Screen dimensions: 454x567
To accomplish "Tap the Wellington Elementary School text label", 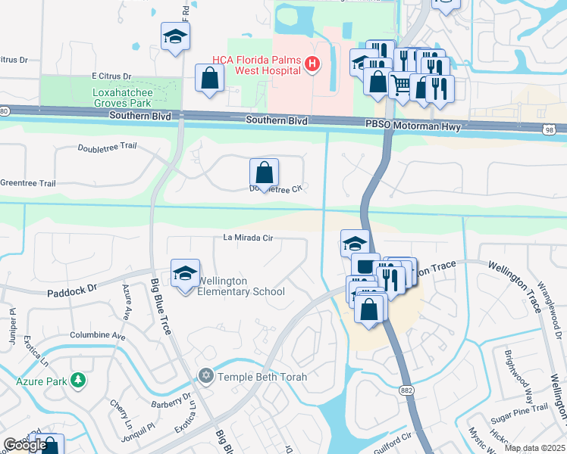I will [240, 286].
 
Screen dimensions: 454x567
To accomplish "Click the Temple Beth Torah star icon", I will [205, 376].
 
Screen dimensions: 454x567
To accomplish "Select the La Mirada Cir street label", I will [247, 237].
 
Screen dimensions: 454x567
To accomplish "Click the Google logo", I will [24, 445].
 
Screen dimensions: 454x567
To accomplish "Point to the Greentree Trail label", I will [28, 183].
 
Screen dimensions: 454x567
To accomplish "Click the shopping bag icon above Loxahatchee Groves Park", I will [209, 78].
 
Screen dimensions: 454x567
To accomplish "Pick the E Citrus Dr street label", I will [111, 76].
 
